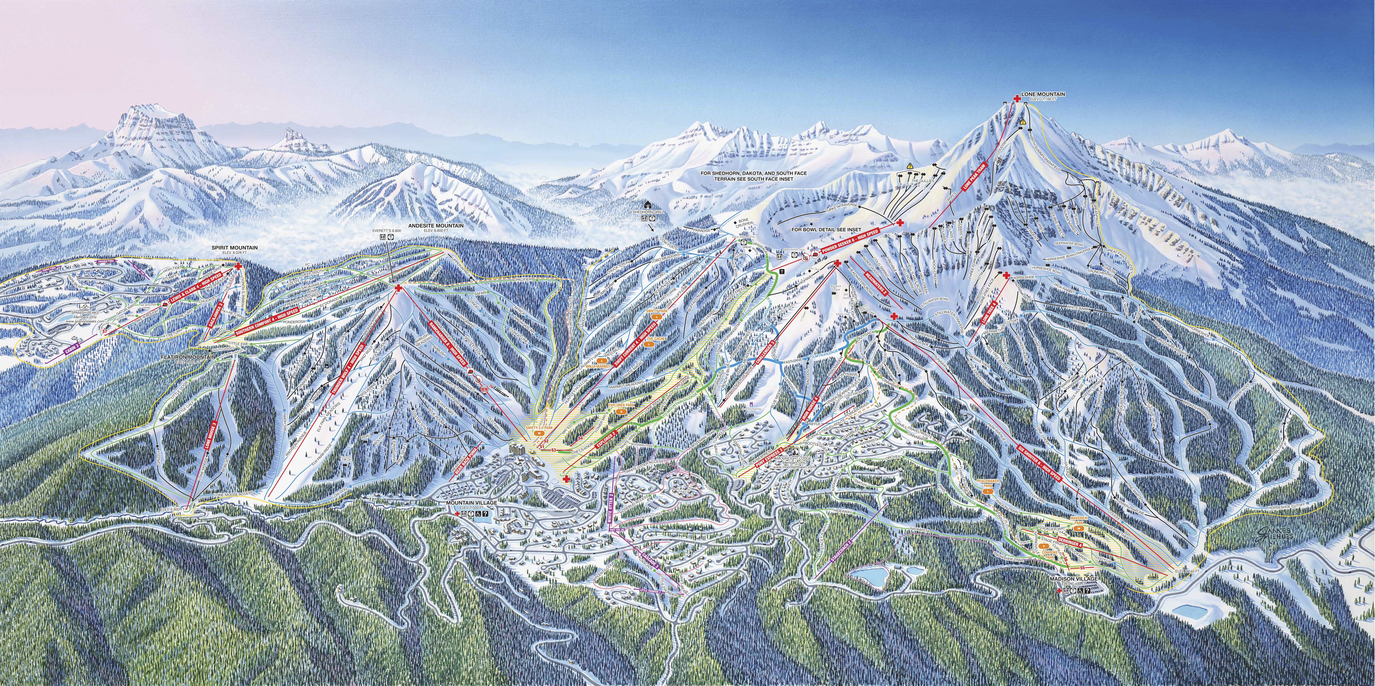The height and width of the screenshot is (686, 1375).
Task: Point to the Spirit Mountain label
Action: click(235, 248)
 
